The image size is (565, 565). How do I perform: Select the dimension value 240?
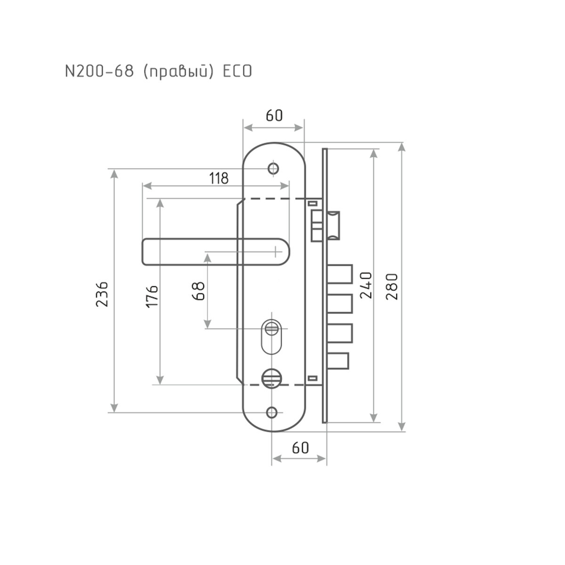pyautogui.click(x=367, y=285)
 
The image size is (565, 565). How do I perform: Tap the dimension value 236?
pyautogui.click(x=103, y=294)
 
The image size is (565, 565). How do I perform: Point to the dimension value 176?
pyautogui.click(x=152, y=296)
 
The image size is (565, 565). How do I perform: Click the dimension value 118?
pyautogui.click(x=218, y=178)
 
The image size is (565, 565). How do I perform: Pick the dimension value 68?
pyautogui.click(x=198, y=291)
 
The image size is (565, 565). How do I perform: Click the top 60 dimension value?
pyautogui.click(x=274, y=115)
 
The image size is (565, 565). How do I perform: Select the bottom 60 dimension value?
pyautogui.click(x=300, y=448)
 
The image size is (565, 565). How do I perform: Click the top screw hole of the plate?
pyautogui.click(x=273, y=168)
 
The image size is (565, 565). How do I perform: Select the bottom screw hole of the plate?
pyautogui.click(x=272, y=412)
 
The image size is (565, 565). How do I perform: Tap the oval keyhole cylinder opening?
pyautogui.click(x=271, y=337)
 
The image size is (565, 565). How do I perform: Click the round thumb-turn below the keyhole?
pyautogui.click(x=269, y=377)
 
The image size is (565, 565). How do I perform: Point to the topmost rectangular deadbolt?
pyautogui.click(x=340, y=274)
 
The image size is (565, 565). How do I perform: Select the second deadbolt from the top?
pyautogui.click(x=340, y=304)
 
